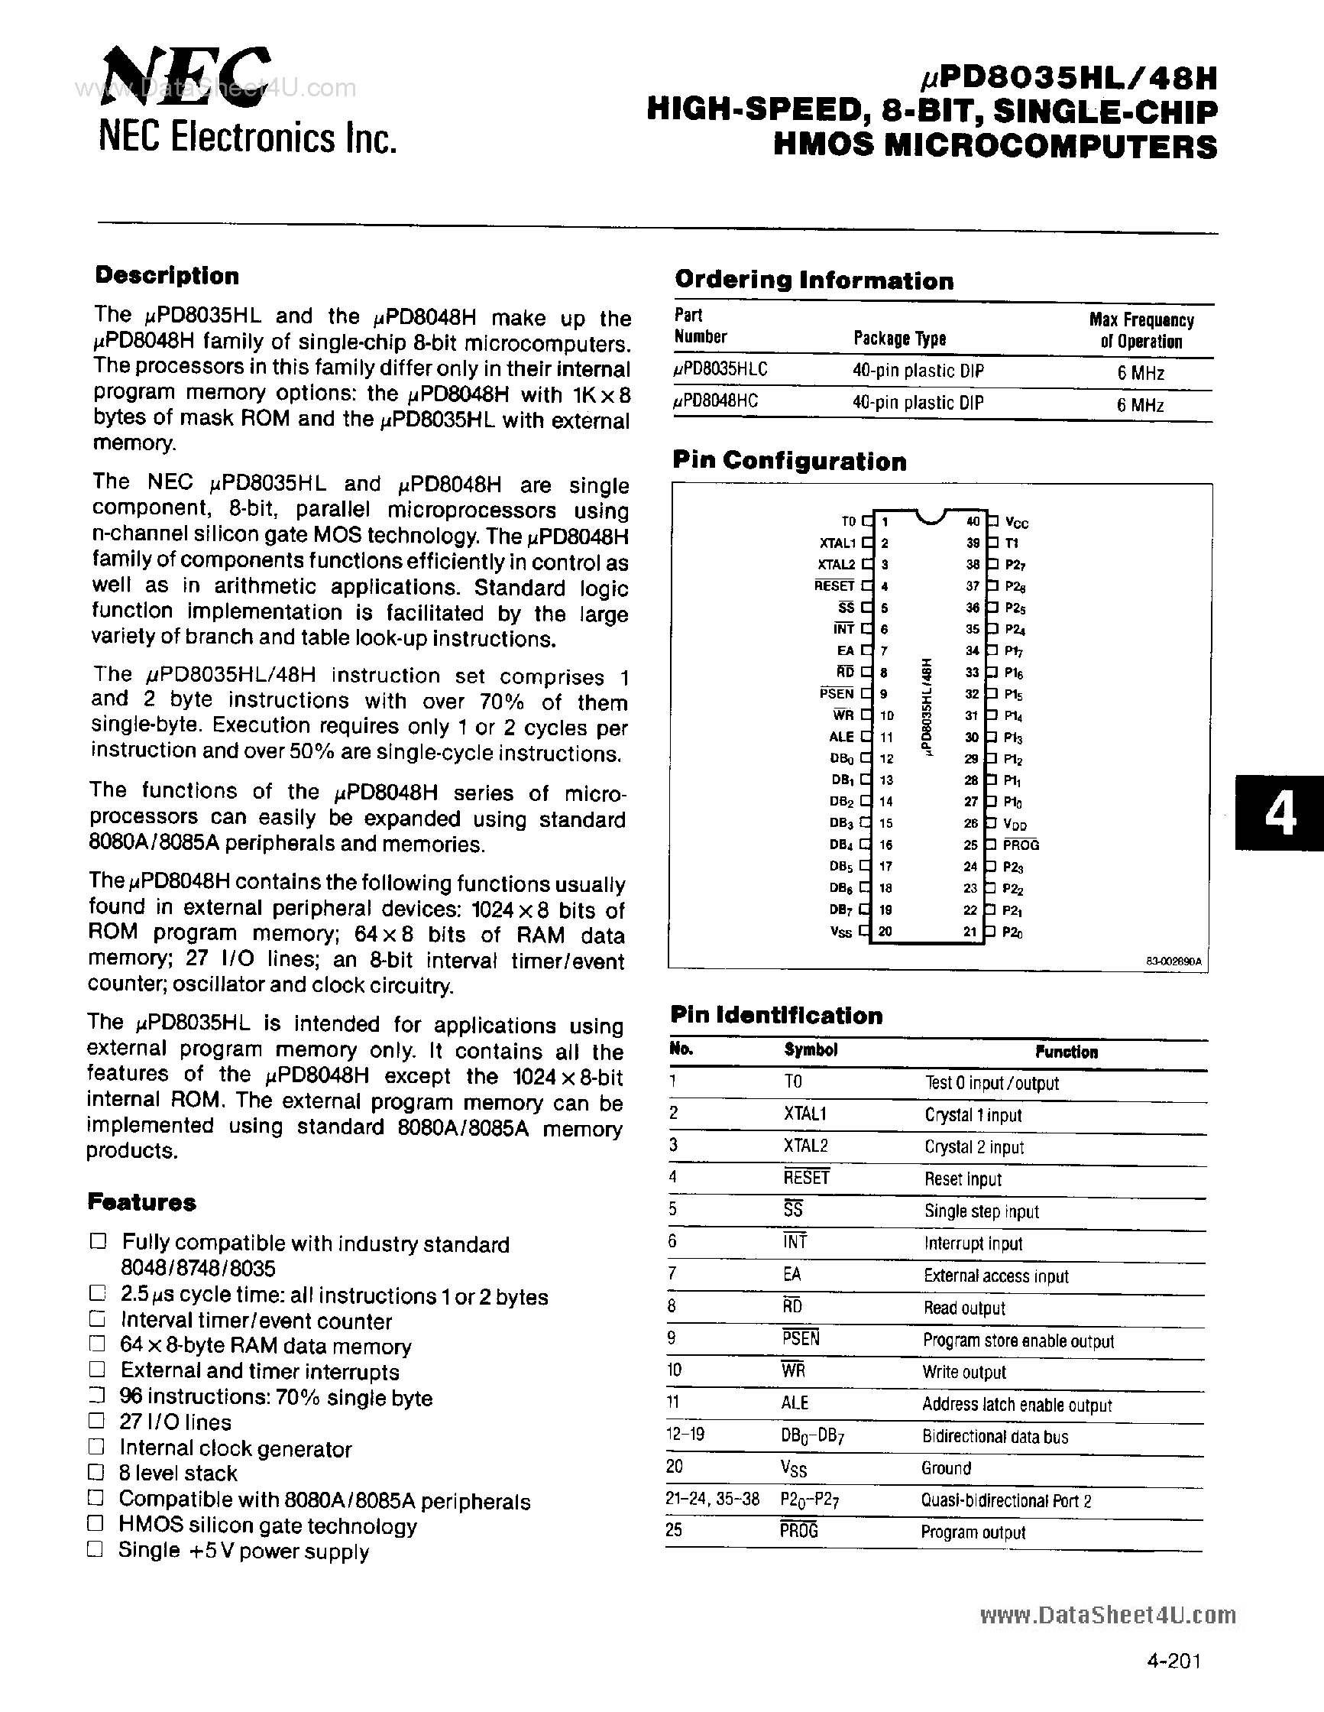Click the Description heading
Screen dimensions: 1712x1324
[167, 276]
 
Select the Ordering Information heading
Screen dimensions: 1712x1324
[814, 280]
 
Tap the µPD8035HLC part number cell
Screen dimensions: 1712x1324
[720, 371]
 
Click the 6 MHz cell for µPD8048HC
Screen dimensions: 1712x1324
[1140, 404]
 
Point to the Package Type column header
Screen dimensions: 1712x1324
[899, 338]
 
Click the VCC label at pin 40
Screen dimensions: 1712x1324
[1016, 523]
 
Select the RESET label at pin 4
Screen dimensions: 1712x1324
[834, 585]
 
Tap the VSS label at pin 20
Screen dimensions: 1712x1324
[840, 932]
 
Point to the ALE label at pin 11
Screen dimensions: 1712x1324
[840, 737]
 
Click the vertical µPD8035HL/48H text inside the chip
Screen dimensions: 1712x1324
[927, 705]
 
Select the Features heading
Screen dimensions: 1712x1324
[142, 1201]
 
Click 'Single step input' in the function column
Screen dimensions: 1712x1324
[981, 1211]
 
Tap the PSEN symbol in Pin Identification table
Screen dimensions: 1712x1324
[800, 1338]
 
